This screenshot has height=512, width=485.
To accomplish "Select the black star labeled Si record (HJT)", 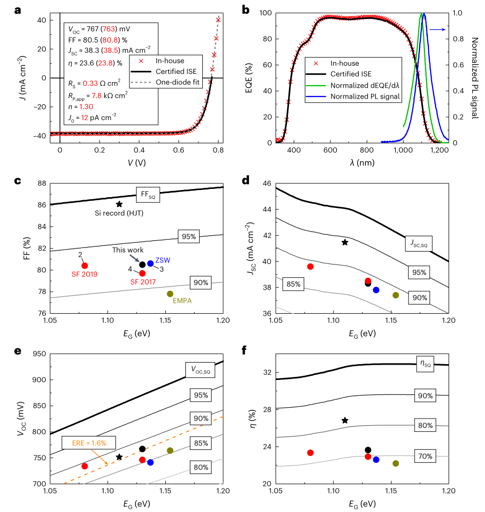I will (119, 204).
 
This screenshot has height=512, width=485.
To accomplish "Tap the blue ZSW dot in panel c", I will (150, 263).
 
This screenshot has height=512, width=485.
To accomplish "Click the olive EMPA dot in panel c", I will (170, 294).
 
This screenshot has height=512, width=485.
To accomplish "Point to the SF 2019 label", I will (85, 274).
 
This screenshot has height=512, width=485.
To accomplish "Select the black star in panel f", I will (345, 421).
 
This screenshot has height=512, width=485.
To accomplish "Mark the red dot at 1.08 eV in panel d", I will (310, 267).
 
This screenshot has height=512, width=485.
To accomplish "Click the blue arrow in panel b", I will (436, 30).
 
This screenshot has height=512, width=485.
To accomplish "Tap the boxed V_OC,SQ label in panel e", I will (198, 369).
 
